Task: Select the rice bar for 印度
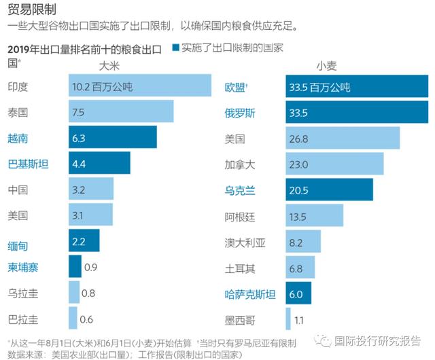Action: [140, 86]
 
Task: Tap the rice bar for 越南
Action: [113, 138]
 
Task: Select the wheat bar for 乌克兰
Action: [330, 190]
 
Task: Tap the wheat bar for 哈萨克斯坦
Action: [299, 293]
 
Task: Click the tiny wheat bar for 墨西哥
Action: [289, 319]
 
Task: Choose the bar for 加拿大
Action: [335, 164]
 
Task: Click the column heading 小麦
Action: [328, 66]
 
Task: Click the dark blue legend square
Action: [176, 48]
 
